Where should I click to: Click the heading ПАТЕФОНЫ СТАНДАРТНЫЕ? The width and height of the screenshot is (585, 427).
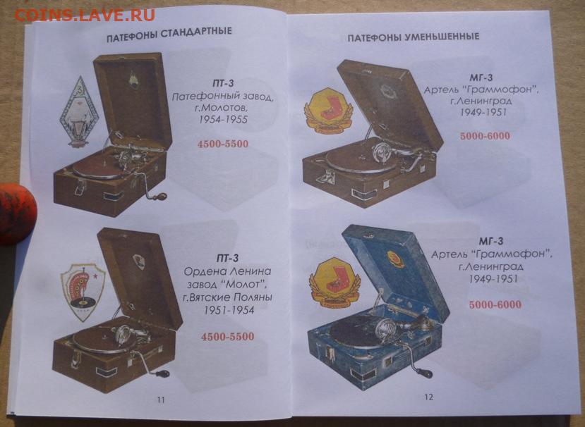[169, 35]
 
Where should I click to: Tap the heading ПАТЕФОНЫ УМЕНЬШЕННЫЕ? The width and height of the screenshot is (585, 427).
[414, 37]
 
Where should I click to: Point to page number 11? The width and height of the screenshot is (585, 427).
[161, 400]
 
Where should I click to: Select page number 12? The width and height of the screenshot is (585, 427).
[428, 397]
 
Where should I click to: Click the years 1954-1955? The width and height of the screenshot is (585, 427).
[223, 119]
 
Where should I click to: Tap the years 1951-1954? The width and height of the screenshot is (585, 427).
[229, 309]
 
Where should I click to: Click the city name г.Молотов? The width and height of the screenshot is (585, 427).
[223, 108]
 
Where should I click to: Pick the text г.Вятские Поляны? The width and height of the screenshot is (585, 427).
[228, 297]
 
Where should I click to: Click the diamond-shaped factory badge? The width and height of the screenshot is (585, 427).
[78, 112]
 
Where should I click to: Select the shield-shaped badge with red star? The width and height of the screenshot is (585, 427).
[83, 291]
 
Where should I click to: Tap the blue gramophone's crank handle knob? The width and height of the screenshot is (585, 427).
[425, 373]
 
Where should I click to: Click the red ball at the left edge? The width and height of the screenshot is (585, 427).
[17, 213]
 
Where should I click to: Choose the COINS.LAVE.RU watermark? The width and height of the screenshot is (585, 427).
[85, 15]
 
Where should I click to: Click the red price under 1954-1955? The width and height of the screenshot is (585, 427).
[223, 144]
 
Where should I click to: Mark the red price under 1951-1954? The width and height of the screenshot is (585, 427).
[228, 337]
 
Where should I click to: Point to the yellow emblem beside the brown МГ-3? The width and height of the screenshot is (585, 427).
[328, 111]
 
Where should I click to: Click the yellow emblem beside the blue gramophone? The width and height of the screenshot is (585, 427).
[334, 283]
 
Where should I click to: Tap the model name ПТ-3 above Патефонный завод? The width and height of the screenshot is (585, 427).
[223, 83]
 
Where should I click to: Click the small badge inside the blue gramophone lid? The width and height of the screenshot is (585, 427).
[395, 259]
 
